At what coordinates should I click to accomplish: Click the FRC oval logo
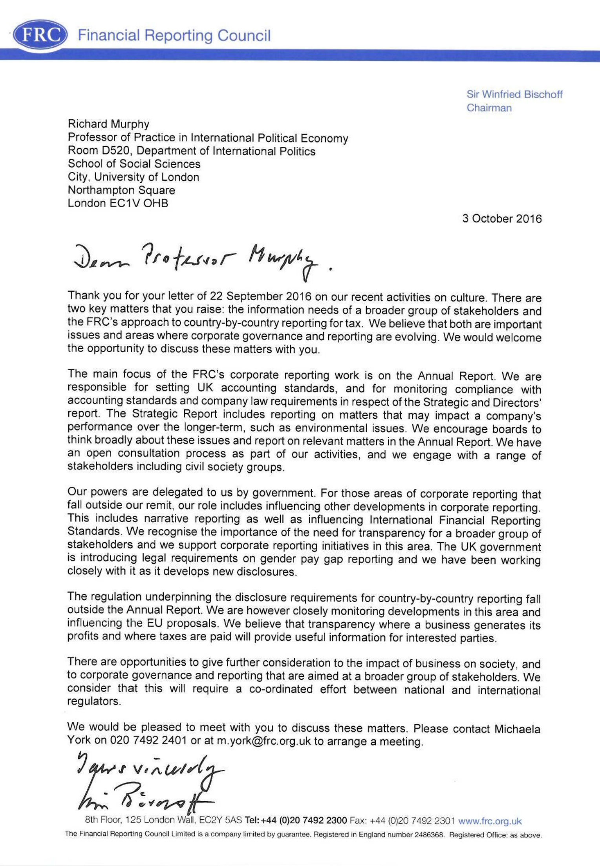pyautogui.click(x=39, y=35)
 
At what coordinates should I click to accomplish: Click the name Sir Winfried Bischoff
pyautogui.click(x=514, y=95)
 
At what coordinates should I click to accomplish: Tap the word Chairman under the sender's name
pyautogui.click(x=489, y=108)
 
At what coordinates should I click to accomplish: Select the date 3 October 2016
pyautogui.click(x=501, y=219)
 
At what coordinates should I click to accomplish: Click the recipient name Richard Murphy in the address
pyautogui.click(x=108, y=124)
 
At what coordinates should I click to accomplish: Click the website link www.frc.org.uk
pyautogui.click(x=490, y=821)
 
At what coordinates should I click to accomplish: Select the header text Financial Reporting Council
pyautogui.click(x=174, y=36)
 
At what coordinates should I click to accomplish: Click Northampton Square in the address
pyautogui.click(x=121, y=190)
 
